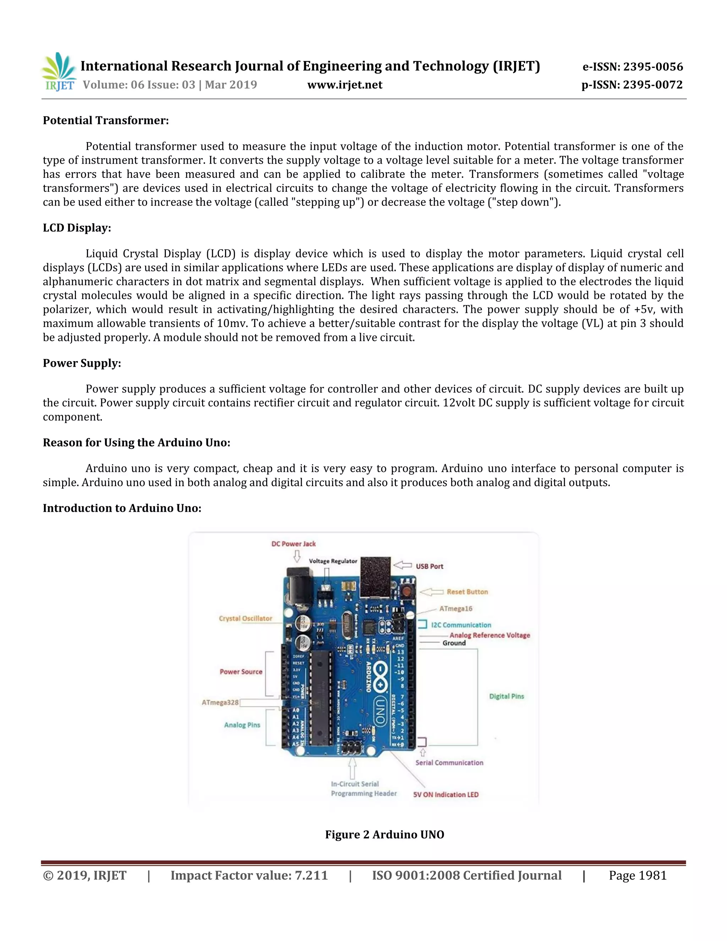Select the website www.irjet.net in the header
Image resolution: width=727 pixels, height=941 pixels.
(x=345, y=85)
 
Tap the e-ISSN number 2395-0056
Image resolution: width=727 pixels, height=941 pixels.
(x=653, y=67)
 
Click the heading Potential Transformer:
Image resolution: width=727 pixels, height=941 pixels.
(x=105, y=121)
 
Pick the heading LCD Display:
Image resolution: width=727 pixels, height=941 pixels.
(x=77, y=228)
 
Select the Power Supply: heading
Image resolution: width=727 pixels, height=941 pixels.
(x=82, y=363)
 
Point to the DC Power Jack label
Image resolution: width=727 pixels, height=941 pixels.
(x=293, y=544)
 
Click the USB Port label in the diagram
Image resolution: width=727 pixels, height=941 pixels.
(x=430, y=566)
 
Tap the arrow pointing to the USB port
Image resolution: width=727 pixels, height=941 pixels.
(x=403, y=565)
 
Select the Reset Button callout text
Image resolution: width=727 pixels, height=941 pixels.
(x=467, y=592)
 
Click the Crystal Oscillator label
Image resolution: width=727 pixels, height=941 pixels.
(x=246, y=618)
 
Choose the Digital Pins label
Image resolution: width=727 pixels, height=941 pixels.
(x=507, y=696)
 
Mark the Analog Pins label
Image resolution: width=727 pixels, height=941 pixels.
(x=242, y=725)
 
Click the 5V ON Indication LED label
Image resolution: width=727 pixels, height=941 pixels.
(x=446, y=794)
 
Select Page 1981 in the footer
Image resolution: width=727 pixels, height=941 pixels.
(x=638, y=876)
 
